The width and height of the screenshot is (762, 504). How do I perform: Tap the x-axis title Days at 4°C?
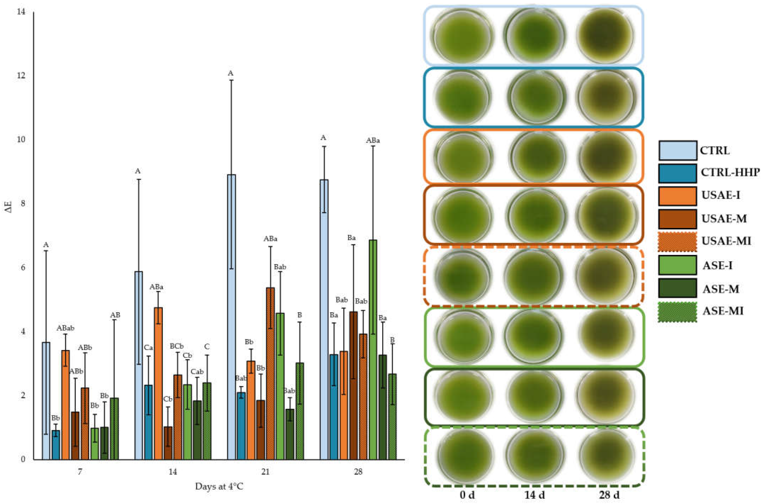click(x=219, y=487)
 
